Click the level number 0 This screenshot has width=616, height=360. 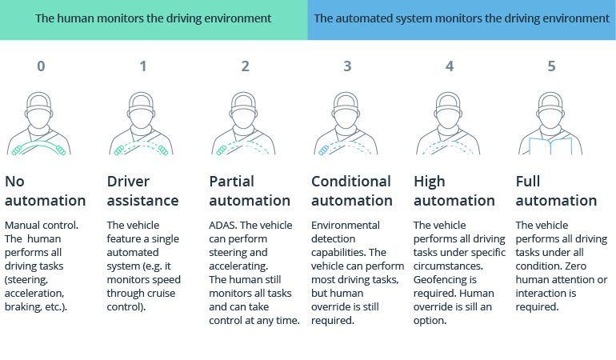tap(41, 66)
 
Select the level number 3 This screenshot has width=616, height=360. tap(347, 66)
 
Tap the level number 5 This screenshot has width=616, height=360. tap(551, 66)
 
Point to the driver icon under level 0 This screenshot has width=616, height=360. tap(41, 124)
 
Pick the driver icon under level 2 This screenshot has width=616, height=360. tap(246, 124)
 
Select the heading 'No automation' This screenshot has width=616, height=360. tap(46, 190)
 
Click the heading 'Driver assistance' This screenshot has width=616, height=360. tap(142, 190)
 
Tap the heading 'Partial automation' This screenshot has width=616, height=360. tap(249, 190)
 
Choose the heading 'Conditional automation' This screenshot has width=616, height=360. tap(351, 190)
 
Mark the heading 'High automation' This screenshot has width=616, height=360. tap(454, 190)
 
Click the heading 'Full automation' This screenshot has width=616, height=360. tap(555, 190)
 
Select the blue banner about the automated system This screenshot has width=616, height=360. tap(462, 18)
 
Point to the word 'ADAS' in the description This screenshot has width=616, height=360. tap(224, 226)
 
